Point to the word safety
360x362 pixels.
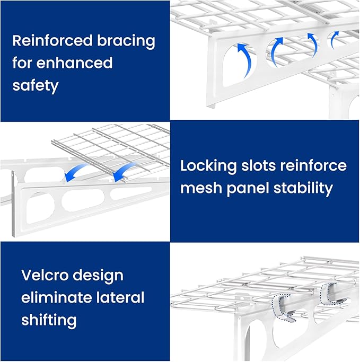point(35,85)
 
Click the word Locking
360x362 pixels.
point(208,166)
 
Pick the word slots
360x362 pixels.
point(259,166)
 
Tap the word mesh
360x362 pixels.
point(200,188)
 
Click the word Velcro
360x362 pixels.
point(46,275)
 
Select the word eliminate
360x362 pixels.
point(56,297)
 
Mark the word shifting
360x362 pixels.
point(49,320)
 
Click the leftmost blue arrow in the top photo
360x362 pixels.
point(244,55)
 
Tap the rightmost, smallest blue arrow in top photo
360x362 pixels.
point(334,38)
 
